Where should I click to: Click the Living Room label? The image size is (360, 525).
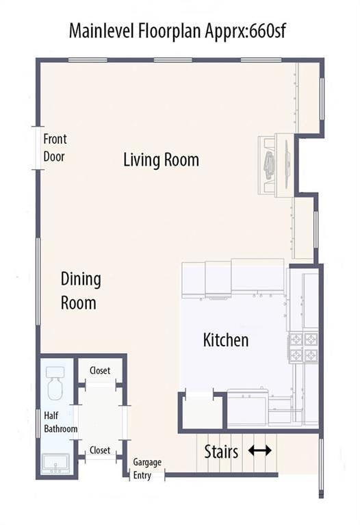click(x=161, y=159)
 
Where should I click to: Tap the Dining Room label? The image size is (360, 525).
click(x=81, y=291)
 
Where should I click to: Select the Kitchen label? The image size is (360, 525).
click(x=226, y=340)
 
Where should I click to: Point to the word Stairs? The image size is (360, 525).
click(x=221, y=451)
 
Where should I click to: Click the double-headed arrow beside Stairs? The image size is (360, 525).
click(x=260, y=450)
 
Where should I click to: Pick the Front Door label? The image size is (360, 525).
click(x=55, y=148)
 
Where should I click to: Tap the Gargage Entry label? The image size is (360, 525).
click(x=147, y=468)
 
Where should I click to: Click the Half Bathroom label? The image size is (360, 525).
click(x=61, y=422)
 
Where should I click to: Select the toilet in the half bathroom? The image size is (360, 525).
click(x=55, y=383)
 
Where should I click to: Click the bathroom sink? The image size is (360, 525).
click(x=55, y=463)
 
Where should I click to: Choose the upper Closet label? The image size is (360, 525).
click(x=100, y=370)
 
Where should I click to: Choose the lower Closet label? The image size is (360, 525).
click(x=100, y=450)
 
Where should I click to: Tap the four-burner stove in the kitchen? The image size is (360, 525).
click(x=303, y=348)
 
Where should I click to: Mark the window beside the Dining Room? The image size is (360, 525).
click(x=38, y=281)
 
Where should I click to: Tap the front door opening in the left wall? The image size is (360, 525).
click(x=38, y=148)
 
